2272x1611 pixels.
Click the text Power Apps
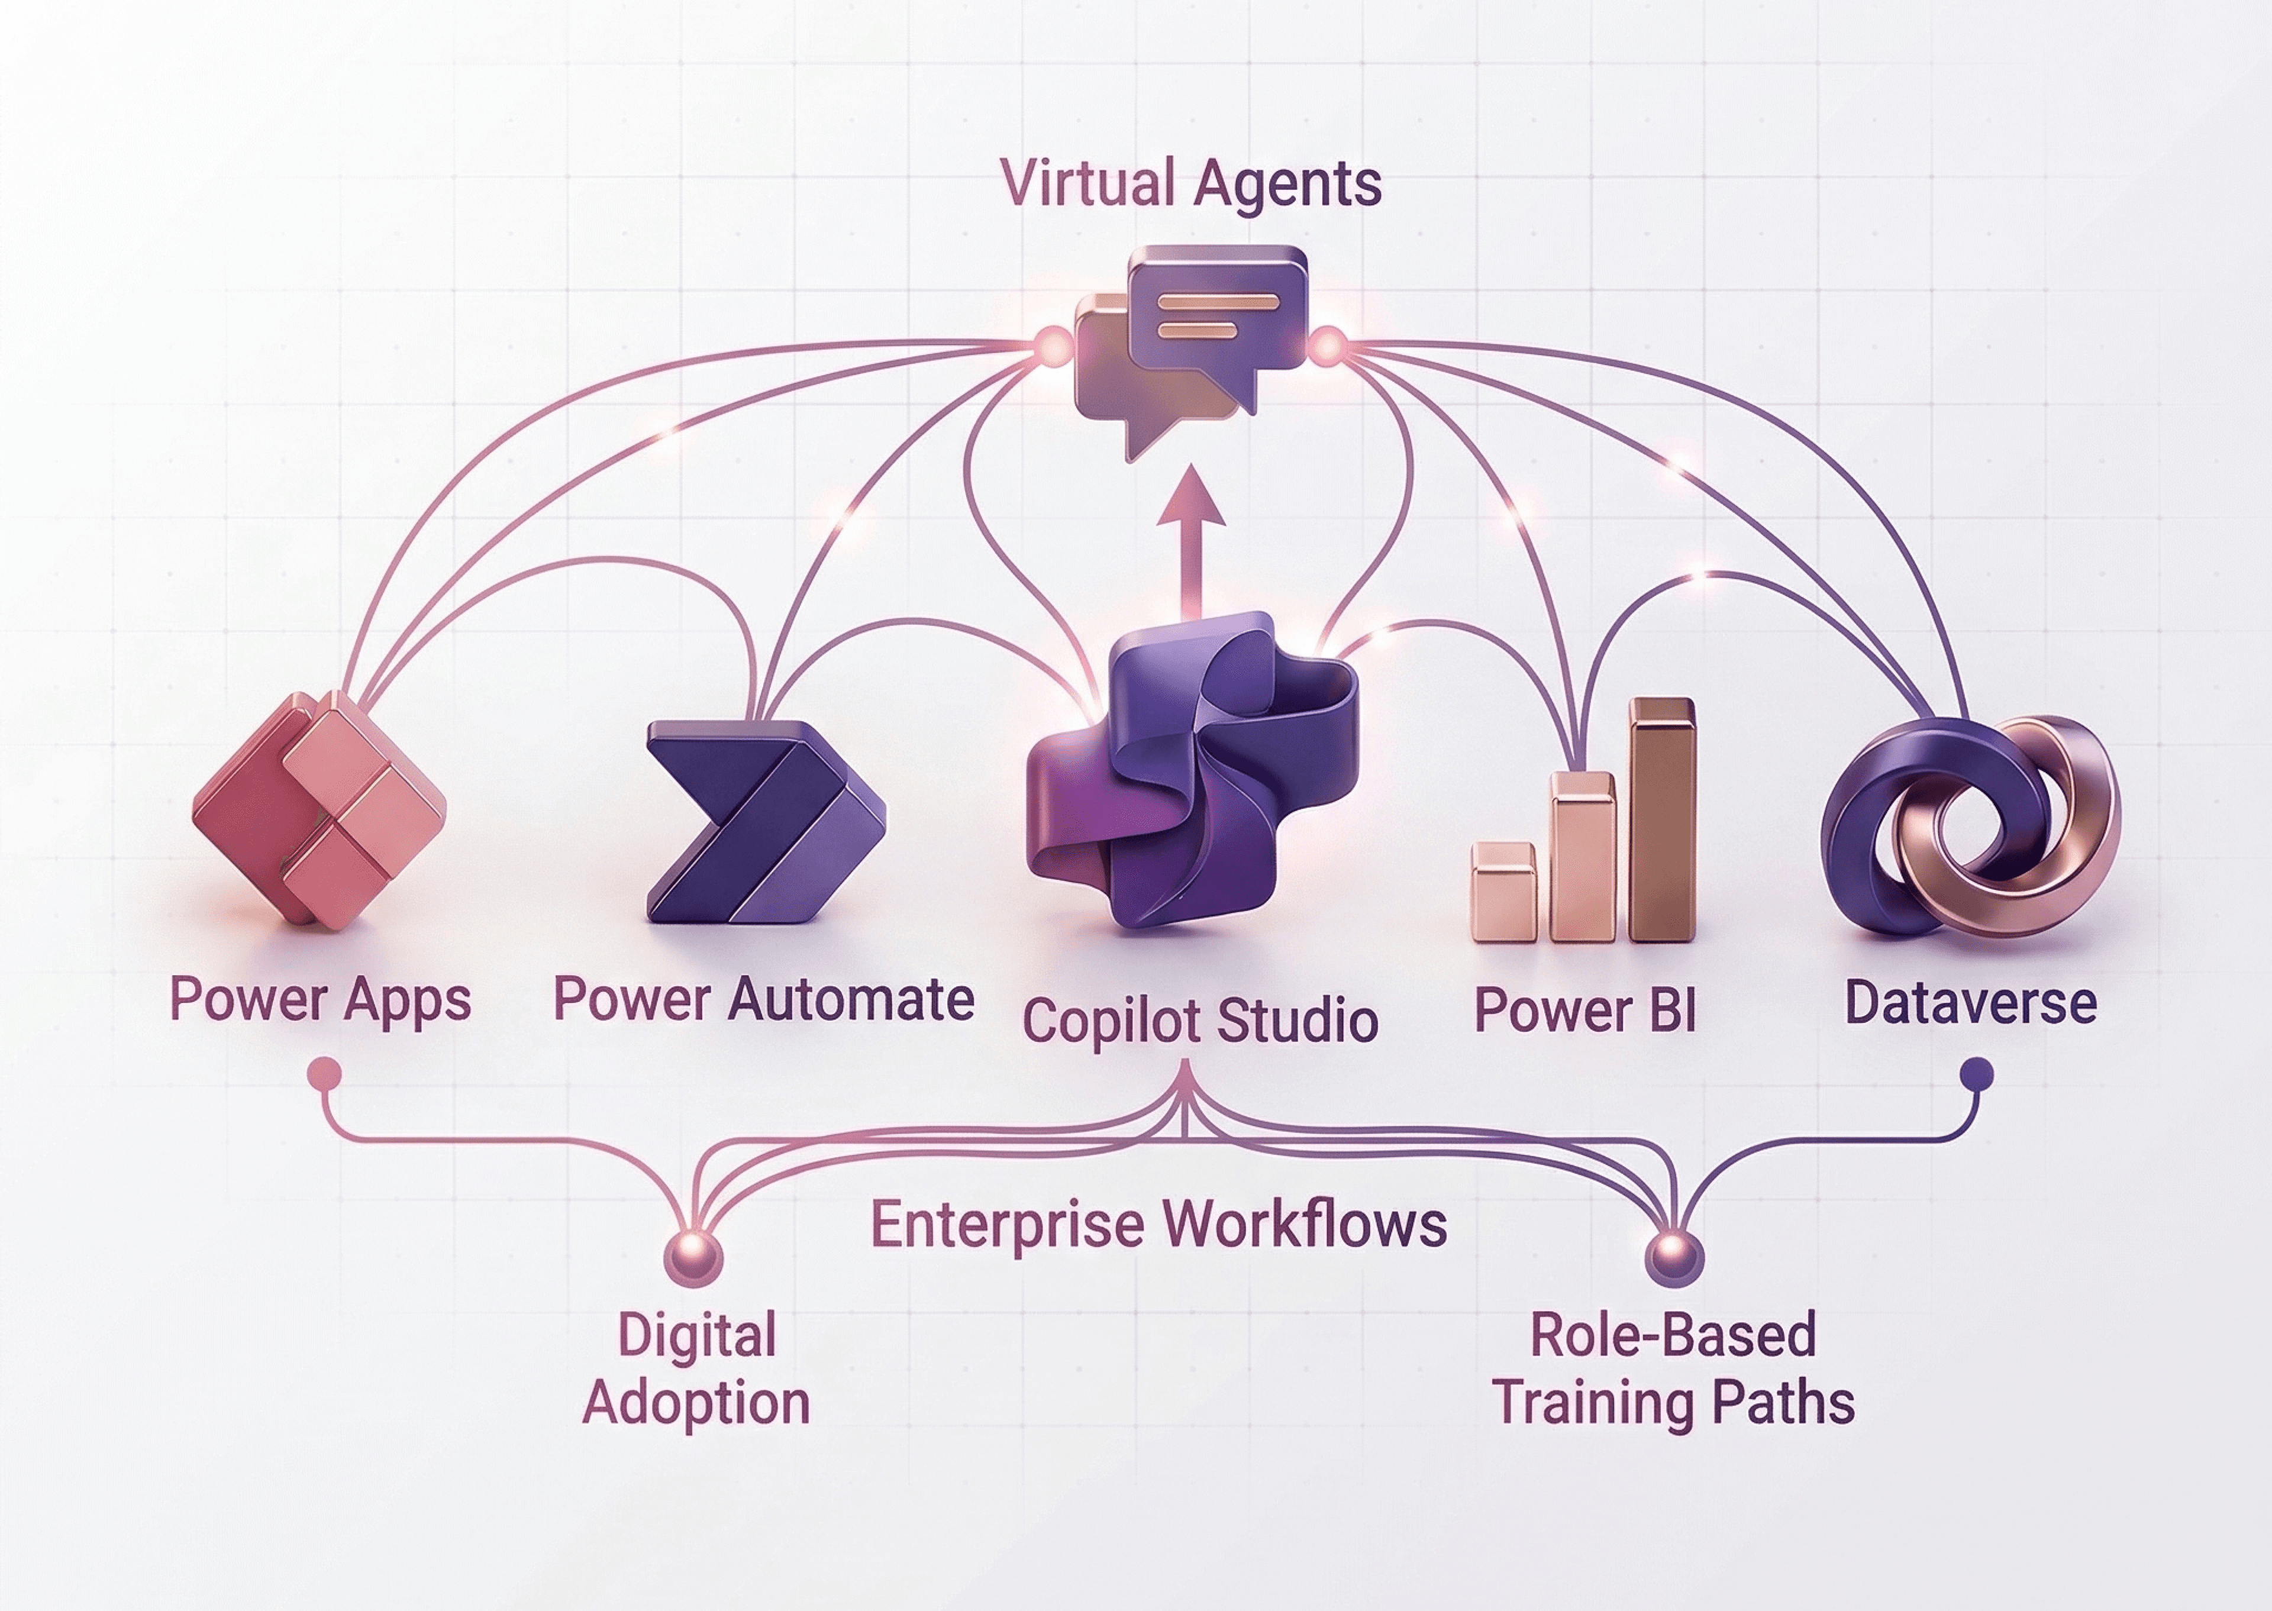319,1000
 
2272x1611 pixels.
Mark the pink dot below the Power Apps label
324,1073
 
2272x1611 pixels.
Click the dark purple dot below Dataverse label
1977,1073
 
